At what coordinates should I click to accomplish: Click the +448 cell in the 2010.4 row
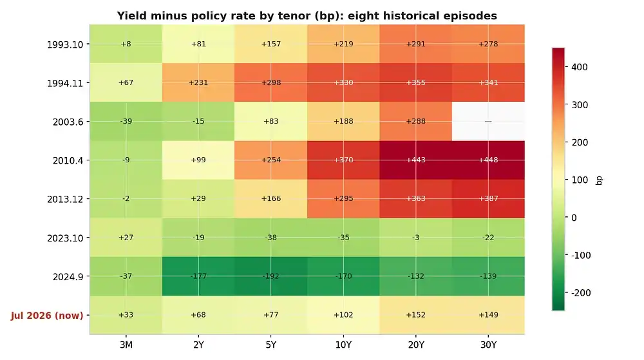point(488,160)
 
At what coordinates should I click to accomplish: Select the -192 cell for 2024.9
point(270,276)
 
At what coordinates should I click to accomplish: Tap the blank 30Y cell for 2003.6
point(488,122)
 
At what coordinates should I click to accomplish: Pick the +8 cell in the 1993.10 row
point(126,44)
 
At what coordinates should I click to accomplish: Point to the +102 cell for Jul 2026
point(343,315)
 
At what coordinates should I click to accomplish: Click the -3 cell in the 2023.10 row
point(415,238)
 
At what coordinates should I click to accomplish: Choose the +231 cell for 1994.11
point(198,82)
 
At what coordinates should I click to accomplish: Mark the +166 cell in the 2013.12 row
point(270,199)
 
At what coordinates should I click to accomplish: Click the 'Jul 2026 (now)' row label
point(47,316)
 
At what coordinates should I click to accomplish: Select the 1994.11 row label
point(65,83)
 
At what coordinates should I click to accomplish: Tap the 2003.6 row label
point(68,122)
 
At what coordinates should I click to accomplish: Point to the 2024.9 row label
point(68,277)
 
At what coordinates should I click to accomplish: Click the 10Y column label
point(343,345)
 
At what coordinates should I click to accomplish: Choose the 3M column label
point(126,345)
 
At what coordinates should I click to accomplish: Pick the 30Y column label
point(488,345)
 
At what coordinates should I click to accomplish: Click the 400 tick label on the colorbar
point(579,67)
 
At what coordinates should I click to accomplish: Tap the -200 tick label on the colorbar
point(581,292)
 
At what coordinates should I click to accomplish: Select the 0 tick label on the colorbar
point(574,218)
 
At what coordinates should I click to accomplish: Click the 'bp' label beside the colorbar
point(599,180)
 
